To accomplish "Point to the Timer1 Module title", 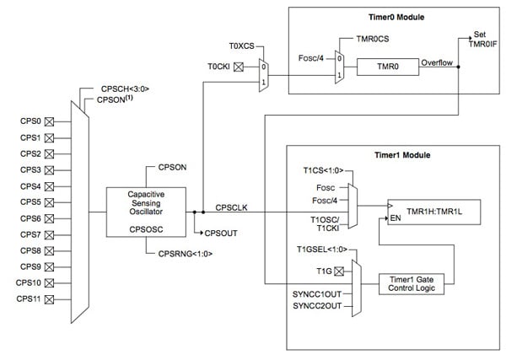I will pyautogui.click(x=402, y=156).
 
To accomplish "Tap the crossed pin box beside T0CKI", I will pyautogui.click(x=239, y=65).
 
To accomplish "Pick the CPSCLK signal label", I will pyautogui.click(x=232, y=205).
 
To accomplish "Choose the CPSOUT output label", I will pyautogui.click(x=221, y=230).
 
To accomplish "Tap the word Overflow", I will pyautogui.click(x=438, y=62).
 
